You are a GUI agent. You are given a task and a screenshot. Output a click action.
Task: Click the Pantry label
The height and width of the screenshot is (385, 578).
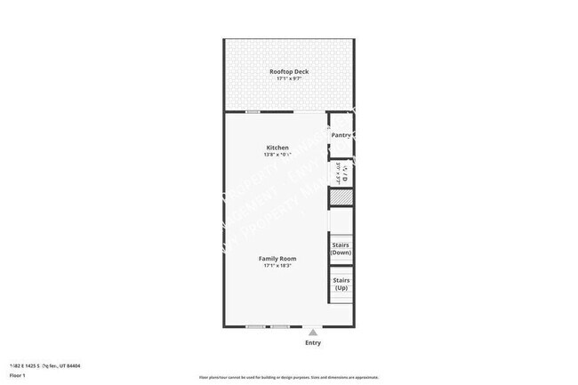click(x=341, y=135)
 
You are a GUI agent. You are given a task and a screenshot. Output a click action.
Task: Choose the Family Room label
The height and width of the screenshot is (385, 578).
click(x=277, y=258)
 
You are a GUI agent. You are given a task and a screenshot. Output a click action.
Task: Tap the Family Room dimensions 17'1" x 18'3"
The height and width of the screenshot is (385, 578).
click(x=277, y=266)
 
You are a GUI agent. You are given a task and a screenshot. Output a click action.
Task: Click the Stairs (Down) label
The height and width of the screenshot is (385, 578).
click(x=341, y=248)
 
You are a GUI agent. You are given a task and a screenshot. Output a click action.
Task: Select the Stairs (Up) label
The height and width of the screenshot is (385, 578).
click(x=341, y=284)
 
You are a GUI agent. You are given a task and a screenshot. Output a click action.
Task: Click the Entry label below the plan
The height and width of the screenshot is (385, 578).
click(x=313, y=342)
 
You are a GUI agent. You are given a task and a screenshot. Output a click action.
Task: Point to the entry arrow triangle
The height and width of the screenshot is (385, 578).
click(x=312, y=332)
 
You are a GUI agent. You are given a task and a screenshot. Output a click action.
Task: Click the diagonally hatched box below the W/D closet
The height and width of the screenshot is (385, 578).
click(x=341, y=198)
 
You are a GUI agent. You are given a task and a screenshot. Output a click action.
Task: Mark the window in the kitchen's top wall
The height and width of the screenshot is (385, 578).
click(x=253, y=112)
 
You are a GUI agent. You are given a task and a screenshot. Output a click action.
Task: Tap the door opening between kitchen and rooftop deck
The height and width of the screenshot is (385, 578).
click(x=308, y=112)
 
